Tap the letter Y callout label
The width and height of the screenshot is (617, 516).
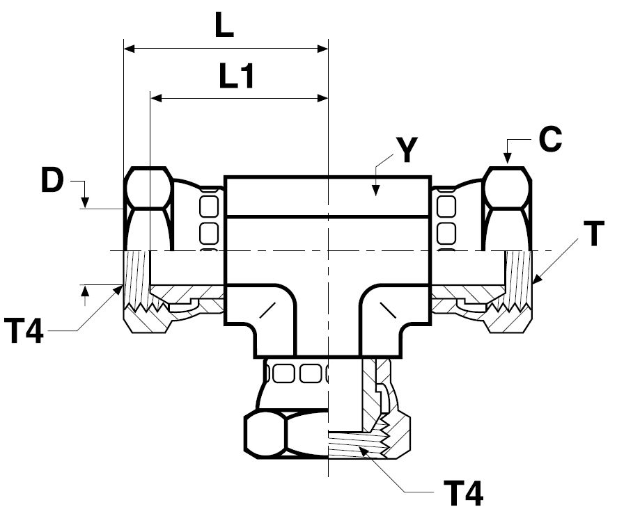tap(407, 150)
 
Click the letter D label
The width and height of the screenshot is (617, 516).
tap(52, 181)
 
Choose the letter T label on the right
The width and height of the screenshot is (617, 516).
tap(594, 234)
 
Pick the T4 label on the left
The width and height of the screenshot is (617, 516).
tap(23, 330)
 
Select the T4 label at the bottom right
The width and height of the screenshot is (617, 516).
tap(463, 493)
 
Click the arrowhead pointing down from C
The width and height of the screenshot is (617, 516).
tap(508, 158)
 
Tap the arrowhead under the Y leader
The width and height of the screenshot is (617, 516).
tap(376, 191)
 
